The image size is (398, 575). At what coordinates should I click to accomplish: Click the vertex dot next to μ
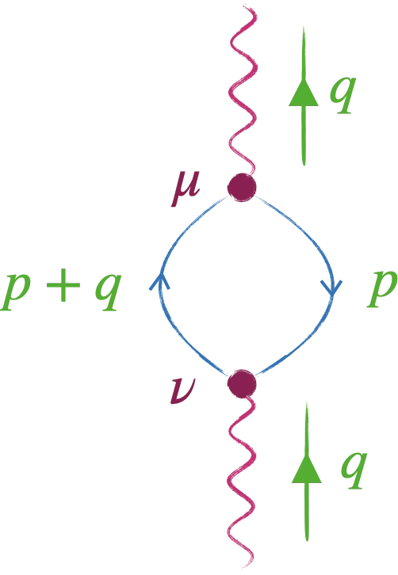point(242,188)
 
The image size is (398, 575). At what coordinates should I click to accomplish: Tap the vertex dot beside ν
point(242,383)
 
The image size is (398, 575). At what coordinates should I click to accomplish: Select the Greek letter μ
point(186,188)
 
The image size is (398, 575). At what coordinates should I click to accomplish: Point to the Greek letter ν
point(183,391)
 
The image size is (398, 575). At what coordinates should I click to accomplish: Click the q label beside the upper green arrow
point(343,94)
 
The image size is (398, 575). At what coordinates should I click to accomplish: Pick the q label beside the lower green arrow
point(354,470)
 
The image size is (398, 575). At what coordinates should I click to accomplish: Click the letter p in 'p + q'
point(15,291)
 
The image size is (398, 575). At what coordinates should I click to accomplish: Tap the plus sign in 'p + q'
point(63,285)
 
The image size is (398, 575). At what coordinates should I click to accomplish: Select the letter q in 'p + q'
point(108,292)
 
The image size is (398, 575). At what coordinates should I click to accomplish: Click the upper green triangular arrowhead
point(304,93)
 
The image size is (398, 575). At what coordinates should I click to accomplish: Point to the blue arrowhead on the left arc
point(159,281)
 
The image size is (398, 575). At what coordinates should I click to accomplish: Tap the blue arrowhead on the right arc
point(332,287)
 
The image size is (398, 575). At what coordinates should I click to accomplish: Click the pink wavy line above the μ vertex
point(243,91)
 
